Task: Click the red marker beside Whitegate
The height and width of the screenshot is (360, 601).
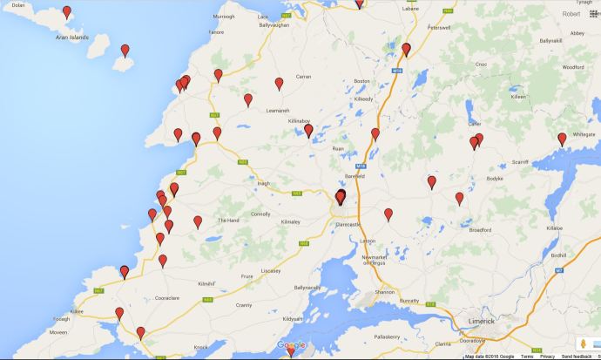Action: pyautogui.click(x=563, y=139)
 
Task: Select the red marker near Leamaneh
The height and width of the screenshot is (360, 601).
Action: pyautogui.click(x=248, y=100)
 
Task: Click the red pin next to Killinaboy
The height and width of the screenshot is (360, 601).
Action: pyautogui.click(x=308, y=131)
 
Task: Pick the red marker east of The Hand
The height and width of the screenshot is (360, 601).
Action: pyautogui.click(x=198, y=221)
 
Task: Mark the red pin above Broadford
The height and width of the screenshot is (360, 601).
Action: pyautogui.click(x=459, y=199)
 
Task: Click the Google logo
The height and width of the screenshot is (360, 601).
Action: pyautogui.click(x=292, y=346)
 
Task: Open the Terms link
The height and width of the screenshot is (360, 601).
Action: pyautogui.click(x=527, y=357)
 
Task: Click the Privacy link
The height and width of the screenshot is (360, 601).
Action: pyautogui.click(x=547, y=357)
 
